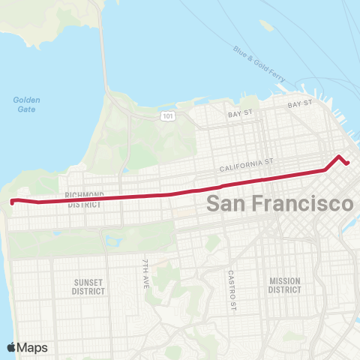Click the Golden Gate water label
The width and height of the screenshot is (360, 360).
coord(26,104)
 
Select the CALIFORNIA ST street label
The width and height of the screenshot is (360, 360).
coord(247,163)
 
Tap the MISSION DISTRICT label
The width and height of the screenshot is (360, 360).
coord(285,285)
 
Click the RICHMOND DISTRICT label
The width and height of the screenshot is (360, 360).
coord(84,199)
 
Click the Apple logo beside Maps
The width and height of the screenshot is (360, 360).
coord(12,347)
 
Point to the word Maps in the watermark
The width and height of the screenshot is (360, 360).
coord(33,347)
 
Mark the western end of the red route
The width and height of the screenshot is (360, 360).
coord(11,201)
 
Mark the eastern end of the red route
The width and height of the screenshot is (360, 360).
coord(347,163)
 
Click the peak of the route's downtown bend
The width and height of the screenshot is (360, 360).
coord(340,157)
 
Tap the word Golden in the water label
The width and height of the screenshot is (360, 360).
coord(26,100)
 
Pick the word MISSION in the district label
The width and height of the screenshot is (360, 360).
coord(285,281)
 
